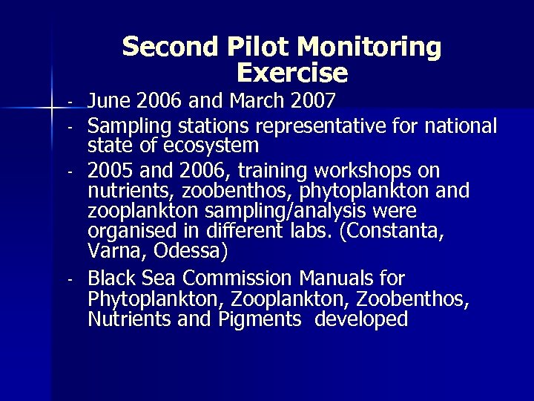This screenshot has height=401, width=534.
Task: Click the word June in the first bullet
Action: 110,100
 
